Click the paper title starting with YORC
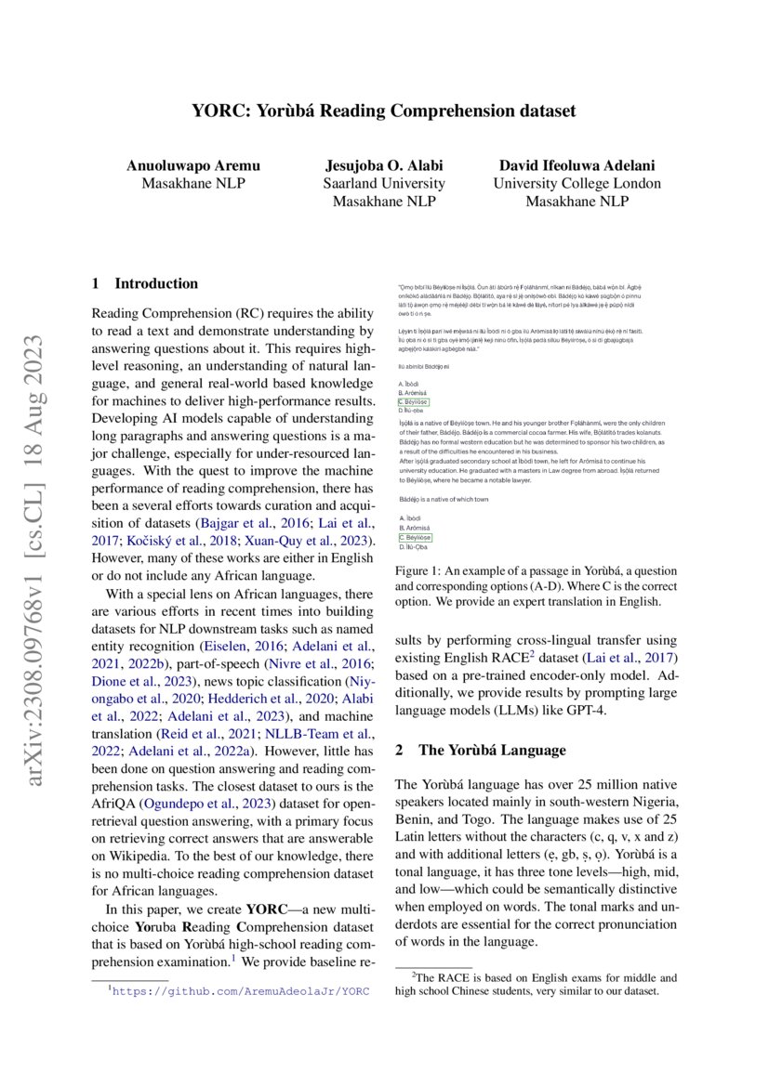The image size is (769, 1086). [384, 111]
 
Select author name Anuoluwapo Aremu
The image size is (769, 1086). [193, 165]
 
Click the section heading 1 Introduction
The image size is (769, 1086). [146, 283]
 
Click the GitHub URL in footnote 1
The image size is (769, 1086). [240, 991]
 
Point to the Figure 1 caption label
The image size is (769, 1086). [419, 570]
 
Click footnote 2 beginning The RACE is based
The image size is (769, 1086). [536, 984]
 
